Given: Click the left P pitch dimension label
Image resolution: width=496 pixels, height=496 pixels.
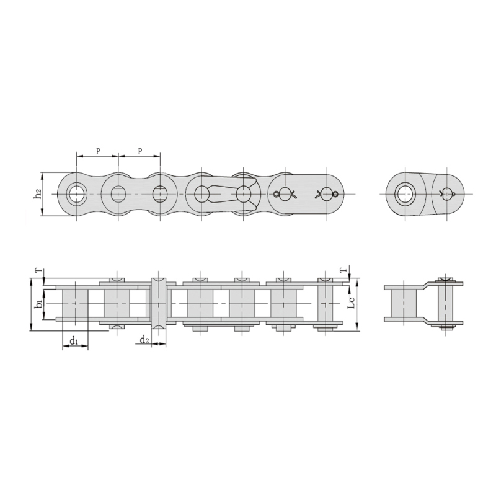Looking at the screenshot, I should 97,151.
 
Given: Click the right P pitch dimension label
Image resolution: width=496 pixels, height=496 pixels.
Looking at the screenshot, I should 140,151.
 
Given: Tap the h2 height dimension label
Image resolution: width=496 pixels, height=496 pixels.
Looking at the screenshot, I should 37,194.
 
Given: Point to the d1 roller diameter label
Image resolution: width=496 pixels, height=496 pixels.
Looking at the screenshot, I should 73,340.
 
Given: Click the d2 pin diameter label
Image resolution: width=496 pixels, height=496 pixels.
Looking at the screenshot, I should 144,340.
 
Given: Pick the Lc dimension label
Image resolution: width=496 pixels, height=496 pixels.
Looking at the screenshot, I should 351,303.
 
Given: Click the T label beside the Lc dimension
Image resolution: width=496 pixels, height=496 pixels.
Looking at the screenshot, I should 342,271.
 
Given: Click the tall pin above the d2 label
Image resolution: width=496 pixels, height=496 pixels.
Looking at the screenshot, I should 160,303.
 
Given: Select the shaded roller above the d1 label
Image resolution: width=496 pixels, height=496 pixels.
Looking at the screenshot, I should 75,303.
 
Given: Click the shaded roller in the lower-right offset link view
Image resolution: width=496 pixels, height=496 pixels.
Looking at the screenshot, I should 404,303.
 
